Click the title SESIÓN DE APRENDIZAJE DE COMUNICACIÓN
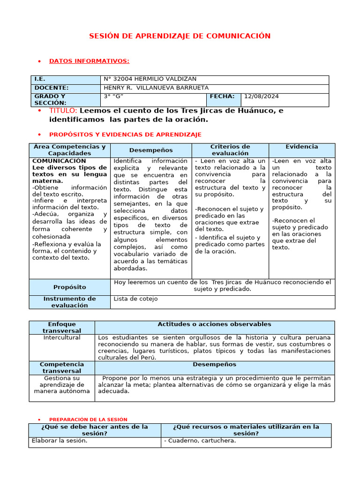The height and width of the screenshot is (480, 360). (x=180, y=36)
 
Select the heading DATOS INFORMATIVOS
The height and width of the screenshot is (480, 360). (x=89, y=61)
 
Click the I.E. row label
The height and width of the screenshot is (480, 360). (x=39, y=79)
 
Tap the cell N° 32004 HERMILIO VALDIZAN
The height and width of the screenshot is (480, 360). (x=150, y=79)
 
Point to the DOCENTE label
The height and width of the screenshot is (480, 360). (x=51, y=88)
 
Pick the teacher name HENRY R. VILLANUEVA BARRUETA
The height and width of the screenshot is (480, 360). (x=156, y=88)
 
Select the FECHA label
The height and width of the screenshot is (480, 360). (x=222, y=97)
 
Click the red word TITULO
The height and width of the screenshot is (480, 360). (x=63, y=111)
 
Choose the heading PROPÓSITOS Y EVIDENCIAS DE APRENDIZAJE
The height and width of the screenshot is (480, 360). (x=125, y=135)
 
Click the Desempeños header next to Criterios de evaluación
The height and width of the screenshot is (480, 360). (x=151, y=150)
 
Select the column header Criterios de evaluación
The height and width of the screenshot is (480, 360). (x=230, y=150)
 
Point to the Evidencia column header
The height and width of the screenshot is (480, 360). (x=302, y=147)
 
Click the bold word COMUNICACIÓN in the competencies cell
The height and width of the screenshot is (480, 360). (x=59, y=161)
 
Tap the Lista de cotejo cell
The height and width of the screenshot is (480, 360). (x=135, y=299)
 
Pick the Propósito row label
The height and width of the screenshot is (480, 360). (x=69, y=287)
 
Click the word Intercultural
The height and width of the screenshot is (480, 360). (x=62, y=337)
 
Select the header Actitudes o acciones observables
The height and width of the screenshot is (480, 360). (x=214, y=324)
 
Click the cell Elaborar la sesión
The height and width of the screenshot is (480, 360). (x=59, y=441)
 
